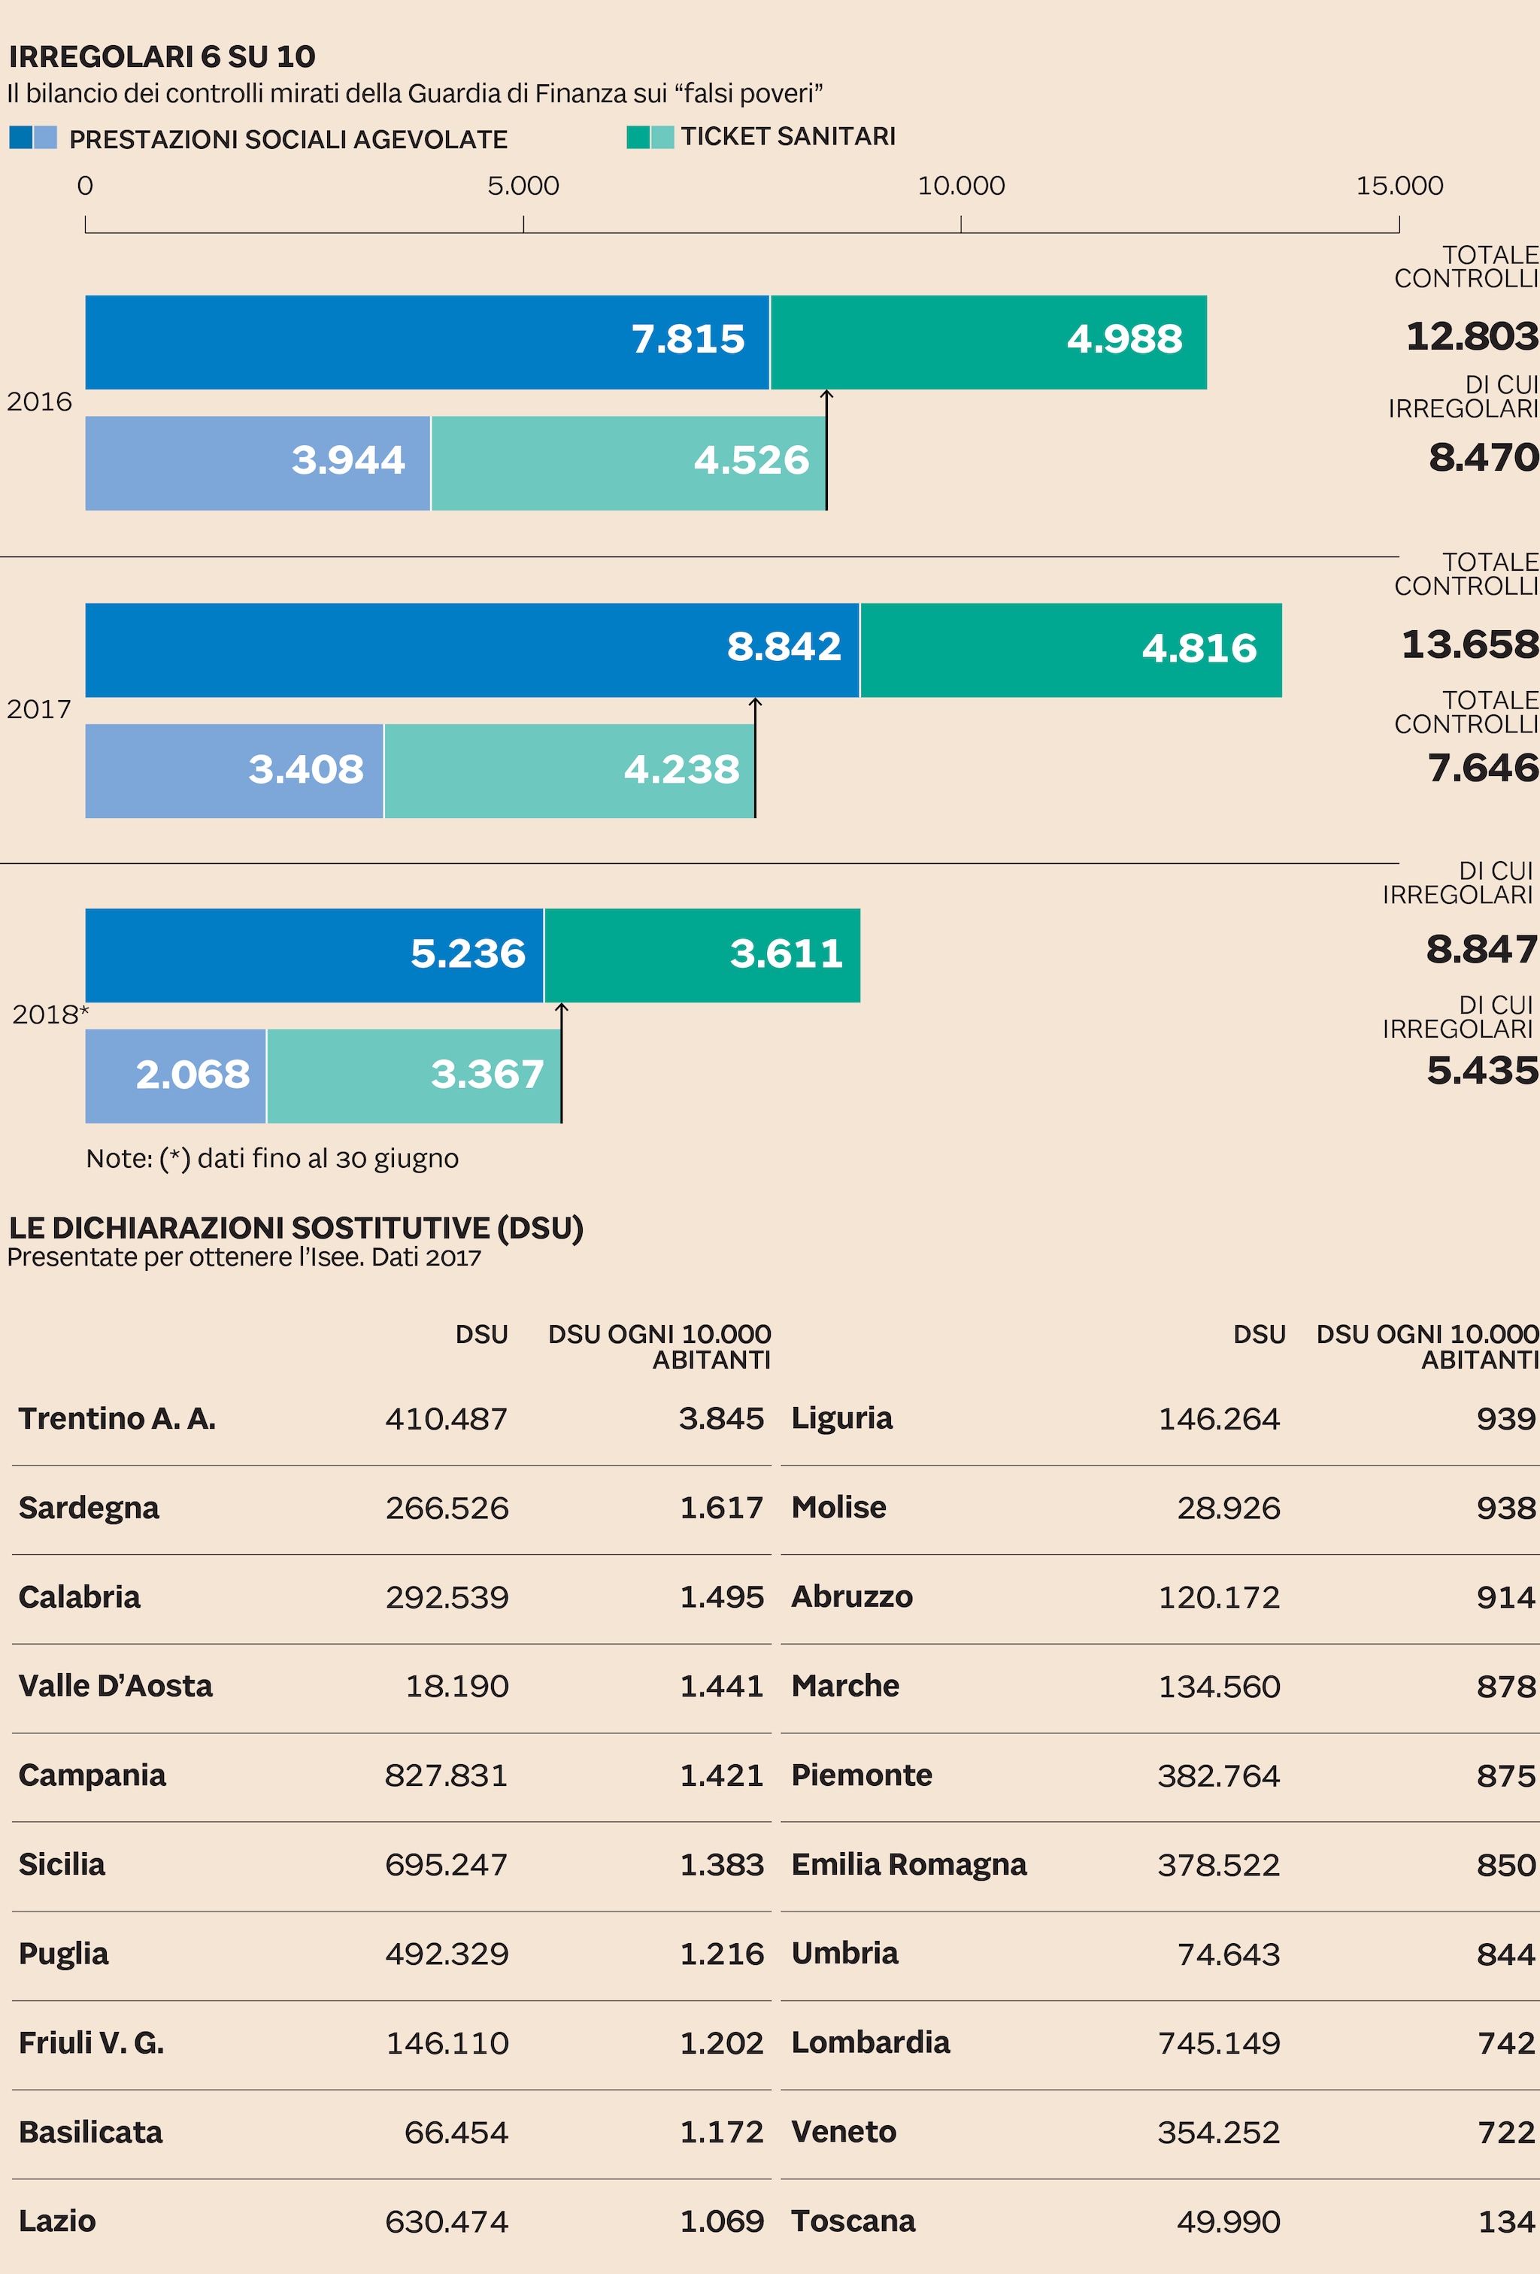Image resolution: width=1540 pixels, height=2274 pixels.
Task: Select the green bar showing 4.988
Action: [x=988, y=341]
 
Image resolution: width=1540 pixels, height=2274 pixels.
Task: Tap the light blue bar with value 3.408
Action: [x=234, y=770]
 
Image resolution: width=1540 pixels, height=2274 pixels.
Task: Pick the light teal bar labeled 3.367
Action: [x=413, y=1075]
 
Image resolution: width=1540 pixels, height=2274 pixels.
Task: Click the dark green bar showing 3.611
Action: [x=702, y=955]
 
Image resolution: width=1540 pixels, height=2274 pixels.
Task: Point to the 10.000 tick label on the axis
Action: [x=961, y=186]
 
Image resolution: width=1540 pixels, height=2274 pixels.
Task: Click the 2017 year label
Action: [x=39, y=709]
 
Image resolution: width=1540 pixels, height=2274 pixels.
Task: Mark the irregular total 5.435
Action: [x=1481, y=1071]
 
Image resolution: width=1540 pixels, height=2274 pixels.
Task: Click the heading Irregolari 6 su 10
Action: [x=162, y=56]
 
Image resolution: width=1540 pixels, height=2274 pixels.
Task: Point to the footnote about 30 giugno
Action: [x=272, y=1159]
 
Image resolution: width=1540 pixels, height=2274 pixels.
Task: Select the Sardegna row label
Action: [x=89, y=1508]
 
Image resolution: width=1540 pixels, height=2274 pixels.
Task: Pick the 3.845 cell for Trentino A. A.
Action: [x=721, y=1419]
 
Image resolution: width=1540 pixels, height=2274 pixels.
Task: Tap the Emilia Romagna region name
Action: [x=909, y=1864]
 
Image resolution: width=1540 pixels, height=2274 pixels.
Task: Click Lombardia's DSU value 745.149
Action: [x=1218, y=2043]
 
